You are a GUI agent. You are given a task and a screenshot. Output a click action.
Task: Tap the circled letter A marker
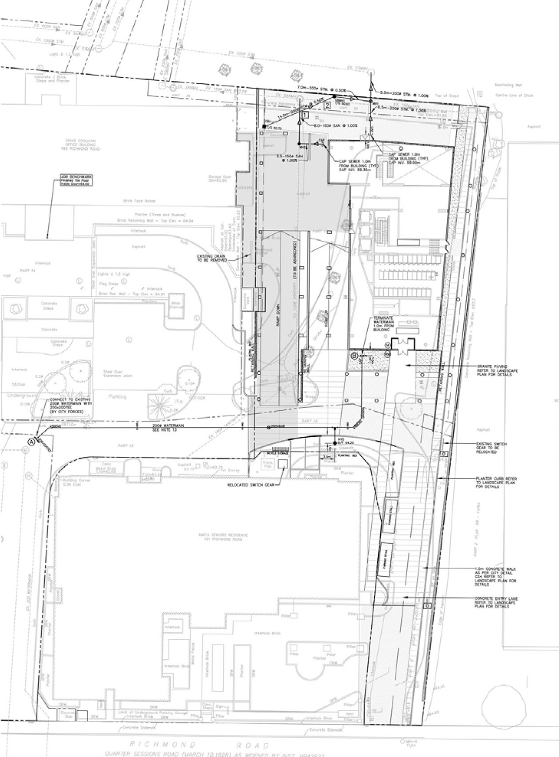(31, 442)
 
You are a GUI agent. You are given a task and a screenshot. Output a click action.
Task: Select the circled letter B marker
(354, 355)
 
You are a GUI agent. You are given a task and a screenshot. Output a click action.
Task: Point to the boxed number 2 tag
(326, 105)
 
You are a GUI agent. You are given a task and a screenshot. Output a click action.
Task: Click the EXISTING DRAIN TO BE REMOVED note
(212, 257)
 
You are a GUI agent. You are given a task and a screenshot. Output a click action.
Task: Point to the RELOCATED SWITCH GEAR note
(252, 485)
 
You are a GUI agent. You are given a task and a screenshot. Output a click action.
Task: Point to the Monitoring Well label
(508, 86)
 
